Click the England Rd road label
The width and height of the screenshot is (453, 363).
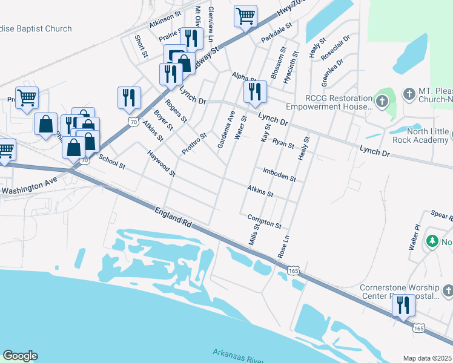coord(173,217)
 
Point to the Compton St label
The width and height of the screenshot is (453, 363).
coord(264,221)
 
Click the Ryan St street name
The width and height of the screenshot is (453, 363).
coord(283,143)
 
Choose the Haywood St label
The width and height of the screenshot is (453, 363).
coord(161,164)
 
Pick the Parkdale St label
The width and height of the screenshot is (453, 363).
coord(277,33)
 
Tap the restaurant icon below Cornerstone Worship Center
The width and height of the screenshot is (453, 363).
coord(403,306)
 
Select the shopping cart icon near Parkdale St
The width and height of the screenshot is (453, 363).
coord(245,16)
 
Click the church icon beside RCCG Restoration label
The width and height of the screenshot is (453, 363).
coord(382,101)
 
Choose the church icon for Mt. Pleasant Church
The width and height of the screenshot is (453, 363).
coord(408,94)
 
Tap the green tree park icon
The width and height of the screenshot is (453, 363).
coord(432,241)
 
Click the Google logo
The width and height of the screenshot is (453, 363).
coord(20,356)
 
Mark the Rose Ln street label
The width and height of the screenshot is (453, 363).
coord(283,247)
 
